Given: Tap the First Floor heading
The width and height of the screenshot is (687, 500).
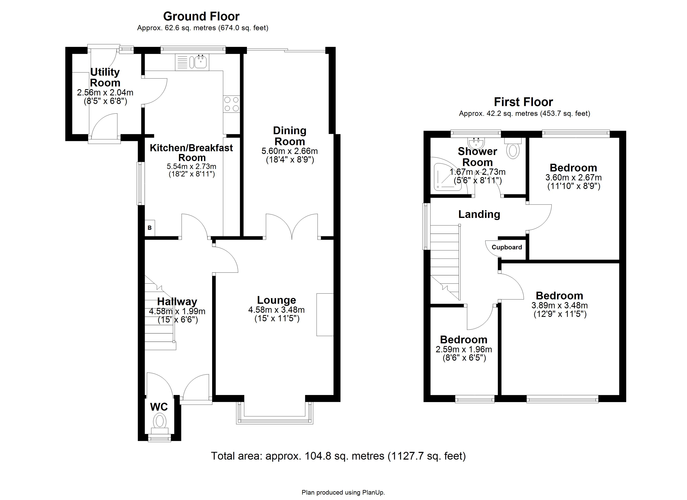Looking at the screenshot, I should [523, 102].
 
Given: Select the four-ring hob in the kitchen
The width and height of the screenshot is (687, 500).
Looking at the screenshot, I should [232, 104].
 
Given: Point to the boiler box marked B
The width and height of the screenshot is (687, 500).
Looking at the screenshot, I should [150, 228].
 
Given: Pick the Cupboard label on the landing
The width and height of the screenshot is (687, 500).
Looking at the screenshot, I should [507, 247].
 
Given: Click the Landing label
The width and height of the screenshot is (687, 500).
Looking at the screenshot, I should [479, 214].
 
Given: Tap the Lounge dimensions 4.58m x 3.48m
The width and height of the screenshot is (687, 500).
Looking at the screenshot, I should [276, 310].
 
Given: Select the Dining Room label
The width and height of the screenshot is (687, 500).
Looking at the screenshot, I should [290, 136].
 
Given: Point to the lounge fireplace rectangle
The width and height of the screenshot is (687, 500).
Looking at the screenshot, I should [325, 314].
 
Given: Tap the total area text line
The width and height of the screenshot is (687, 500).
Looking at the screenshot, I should [338, 456].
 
